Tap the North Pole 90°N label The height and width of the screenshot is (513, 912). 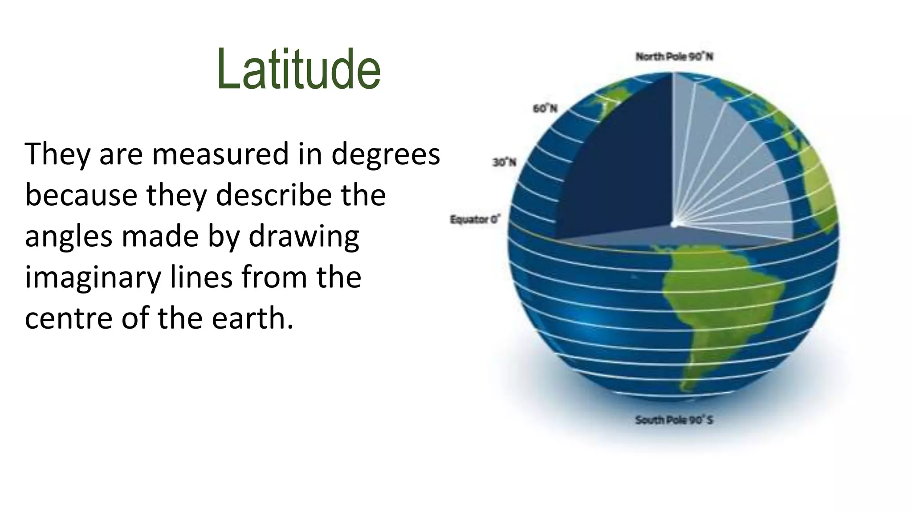[x=674, y=57]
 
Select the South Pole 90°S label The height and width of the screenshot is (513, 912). [x=674, y=420]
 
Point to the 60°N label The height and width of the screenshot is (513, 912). [x=545, y=109]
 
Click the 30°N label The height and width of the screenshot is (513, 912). [x=504, y=163]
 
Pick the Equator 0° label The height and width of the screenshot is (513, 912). [x=475, y=220]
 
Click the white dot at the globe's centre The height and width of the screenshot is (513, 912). [x=674, y=224]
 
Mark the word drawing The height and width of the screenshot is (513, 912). [x=303, y=237]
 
